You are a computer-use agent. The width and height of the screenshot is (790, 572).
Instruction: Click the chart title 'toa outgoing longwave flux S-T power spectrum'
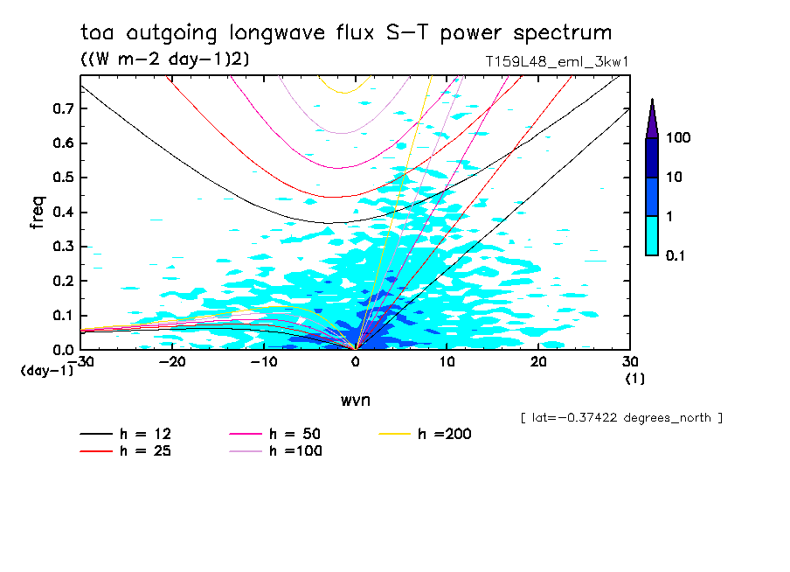pyautogui.click(x=346, y=33)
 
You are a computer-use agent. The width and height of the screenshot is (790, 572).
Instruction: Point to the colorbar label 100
pyautogui.click(x=678, y=138)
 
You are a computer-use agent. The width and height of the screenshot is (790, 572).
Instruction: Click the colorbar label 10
pyautogui.click(x=675, y=178)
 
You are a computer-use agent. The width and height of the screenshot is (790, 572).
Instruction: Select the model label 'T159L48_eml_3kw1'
pyautogui.click(x=558, y=62)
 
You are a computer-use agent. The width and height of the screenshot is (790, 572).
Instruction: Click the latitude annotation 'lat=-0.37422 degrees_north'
pyautogui.click(x=621, y=418)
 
